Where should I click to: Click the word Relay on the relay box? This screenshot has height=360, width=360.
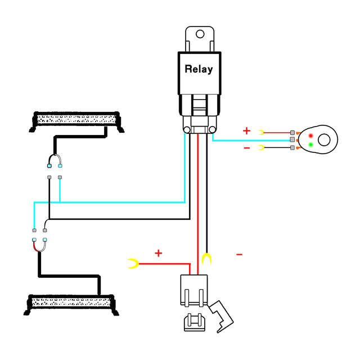tap(199, 69)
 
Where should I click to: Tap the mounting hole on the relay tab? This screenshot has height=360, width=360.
tap(200, 34)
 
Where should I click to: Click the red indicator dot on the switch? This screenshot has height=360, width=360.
tap(310, 136)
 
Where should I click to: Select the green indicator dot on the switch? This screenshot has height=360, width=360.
tap(310, 145)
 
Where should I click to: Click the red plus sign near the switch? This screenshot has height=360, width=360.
tap(246, 131)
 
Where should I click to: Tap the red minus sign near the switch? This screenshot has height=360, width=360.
tap(246, 148)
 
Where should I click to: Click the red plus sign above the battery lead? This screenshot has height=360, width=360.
tap(158, 253)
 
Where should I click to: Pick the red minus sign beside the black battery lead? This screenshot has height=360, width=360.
tap(239, 255)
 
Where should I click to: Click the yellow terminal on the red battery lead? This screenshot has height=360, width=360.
tap(133, 263)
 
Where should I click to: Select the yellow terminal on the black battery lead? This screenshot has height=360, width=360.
tap(207, 259)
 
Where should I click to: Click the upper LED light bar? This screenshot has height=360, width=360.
tap(77, 119)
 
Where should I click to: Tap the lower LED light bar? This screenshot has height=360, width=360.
tap(71, 302)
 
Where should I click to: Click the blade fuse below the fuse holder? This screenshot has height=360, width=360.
tap(193, 322)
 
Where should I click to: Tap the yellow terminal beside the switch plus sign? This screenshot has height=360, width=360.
tap(262, 132)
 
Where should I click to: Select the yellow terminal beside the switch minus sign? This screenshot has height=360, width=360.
tap(262, 148)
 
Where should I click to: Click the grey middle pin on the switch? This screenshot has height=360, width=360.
tap(292, 139)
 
